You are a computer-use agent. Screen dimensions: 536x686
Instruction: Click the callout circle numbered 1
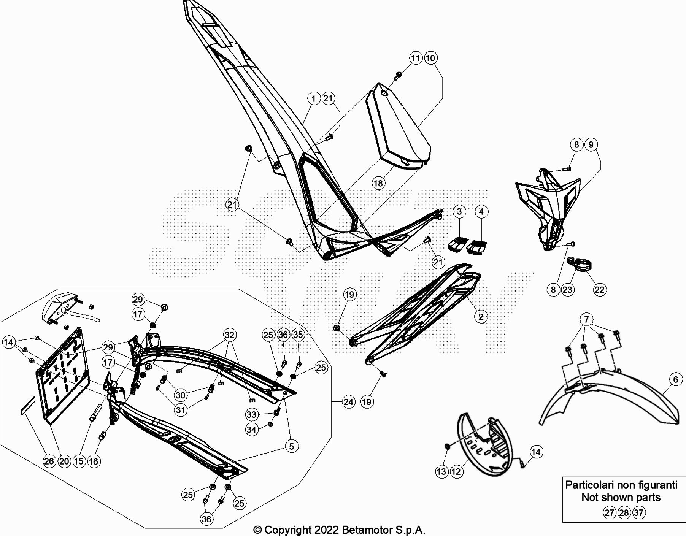tap(313, 99)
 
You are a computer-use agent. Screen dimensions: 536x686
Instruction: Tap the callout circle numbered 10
tap(430, 58)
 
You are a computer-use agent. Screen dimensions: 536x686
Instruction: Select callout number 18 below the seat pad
tap(378, 183)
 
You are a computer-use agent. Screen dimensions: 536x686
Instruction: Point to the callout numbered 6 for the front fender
tap(675, 379)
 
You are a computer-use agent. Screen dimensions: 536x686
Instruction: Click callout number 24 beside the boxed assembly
tap(348, 402)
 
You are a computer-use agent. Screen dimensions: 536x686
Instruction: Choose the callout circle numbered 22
tap(599, 290)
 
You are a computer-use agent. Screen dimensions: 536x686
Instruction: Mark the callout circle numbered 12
tap(456, 472)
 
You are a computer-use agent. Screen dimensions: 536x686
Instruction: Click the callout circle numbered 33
tap(252, 414)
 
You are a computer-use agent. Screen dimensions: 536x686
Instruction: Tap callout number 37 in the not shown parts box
tap(639, 512)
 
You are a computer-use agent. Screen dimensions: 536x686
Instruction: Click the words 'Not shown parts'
tap(621, 497)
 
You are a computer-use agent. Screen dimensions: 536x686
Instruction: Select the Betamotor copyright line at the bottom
tap(339, 530)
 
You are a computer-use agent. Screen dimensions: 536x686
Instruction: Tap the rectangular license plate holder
tap(63, 376)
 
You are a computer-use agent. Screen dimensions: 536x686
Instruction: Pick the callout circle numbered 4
tap(481, 212)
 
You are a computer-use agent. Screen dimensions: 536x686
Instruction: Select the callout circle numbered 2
tap(481, 317)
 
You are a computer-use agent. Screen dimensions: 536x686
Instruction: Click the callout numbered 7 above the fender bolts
tap(586, 319)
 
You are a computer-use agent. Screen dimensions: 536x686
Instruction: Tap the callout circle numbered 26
tap(49, 461)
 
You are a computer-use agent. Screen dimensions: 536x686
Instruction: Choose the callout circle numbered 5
tap(292, 446)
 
